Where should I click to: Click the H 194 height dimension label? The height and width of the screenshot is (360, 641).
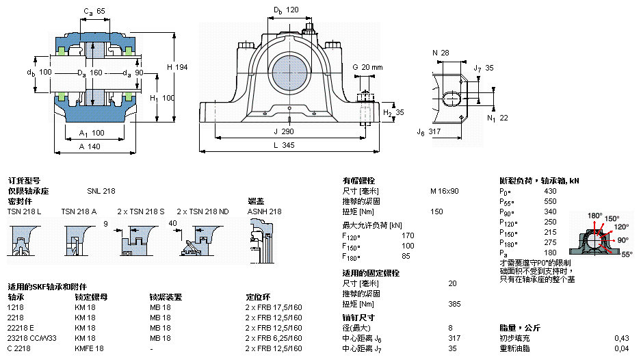coord(176,66)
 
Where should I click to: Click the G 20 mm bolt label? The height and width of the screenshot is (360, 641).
coord(367,67)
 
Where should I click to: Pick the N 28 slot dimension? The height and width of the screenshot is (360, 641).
coord(441,53)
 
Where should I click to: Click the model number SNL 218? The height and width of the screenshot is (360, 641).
coord(101,191)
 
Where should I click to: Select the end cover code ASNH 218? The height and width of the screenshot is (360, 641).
coord(264,211)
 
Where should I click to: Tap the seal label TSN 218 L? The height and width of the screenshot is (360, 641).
coord(24,211)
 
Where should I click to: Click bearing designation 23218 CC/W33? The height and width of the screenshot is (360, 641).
coord(32,338)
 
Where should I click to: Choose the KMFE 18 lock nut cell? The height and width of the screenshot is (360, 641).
coord(89,348)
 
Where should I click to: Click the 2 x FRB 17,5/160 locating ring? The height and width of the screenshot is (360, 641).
coord(274,307)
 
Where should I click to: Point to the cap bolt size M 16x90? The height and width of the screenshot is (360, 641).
coord(444,191)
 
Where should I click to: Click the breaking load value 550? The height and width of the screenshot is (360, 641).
coord(550,201)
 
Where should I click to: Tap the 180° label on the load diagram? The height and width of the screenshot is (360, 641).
coord(594,215)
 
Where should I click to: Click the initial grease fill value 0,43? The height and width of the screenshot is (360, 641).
coord(621,338)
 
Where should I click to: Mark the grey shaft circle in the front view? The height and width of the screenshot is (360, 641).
coord(288,72)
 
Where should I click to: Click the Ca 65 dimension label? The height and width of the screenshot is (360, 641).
coord(94,12)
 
